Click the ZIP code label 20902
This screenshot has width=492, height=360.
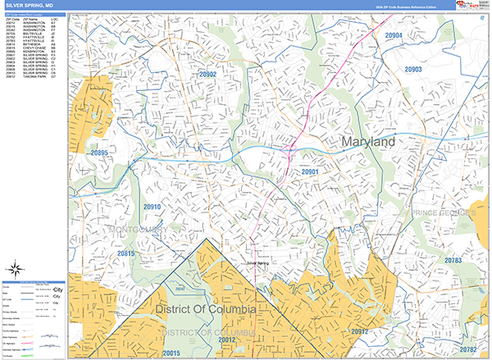click(207, 75)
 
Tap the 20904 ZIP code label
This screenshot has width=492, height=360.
click(394, 36)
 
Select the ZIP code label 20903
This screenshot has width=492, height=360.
click(412, 71)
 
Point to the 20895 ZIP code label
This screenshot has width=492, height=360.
click(99, 153)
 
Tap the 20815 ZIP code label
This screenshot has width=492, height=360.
click(125, 254)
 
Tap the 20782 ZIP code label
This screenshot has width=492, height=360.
click(468, 349)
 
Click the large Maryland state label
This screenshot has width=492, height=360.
click(363, 142)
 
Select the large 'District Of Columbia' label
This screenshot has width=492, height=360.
click(204, 309)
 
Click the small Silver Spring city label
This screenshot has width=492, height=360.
click(257, 263)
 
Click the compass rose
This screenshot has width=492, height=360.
click(16, 268)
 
